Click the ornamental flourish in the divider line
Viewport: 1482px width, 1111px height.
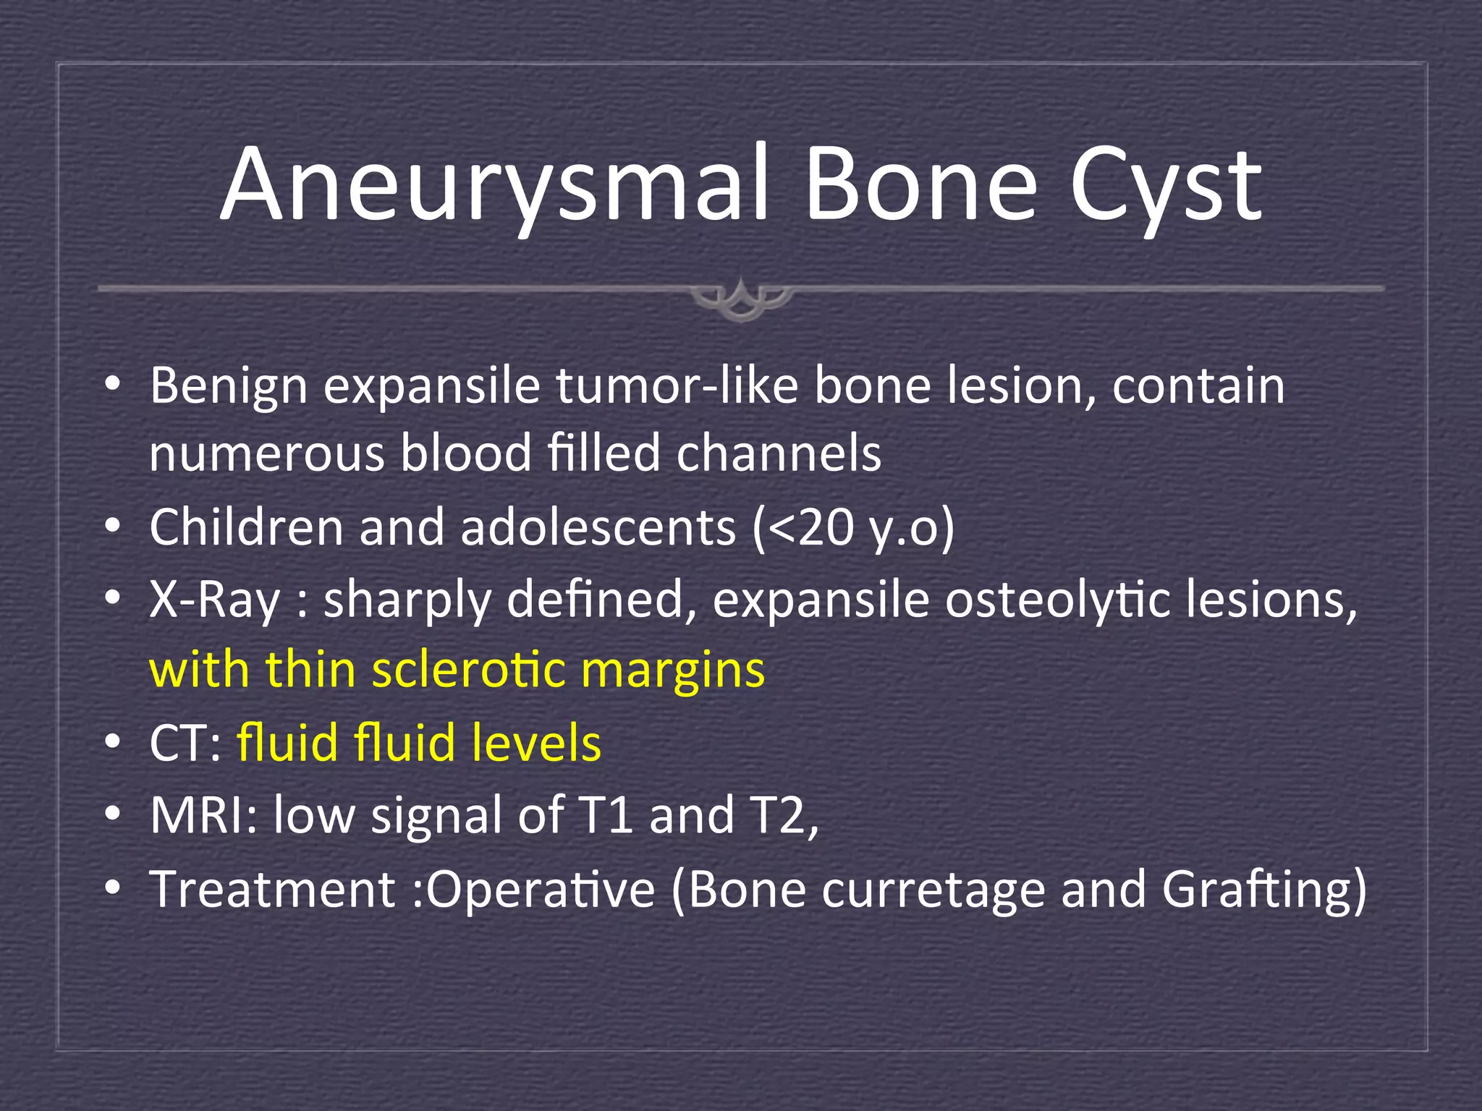[x=741, y=297]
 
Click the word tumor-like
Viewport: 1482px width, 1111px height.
[x=677, y=386]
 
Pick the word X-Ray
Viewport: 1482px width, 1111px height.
[x=214, y=600]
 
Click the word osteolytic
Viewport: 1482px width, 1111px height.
[x=1057, y=600]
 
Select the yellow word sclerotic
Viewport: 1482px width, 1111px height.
[x=468, y=669]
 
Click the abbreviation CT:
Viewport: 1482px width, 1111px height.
[x=185, y=743]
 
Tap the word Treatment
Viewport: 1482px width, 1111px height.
[x=272, y=889]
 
